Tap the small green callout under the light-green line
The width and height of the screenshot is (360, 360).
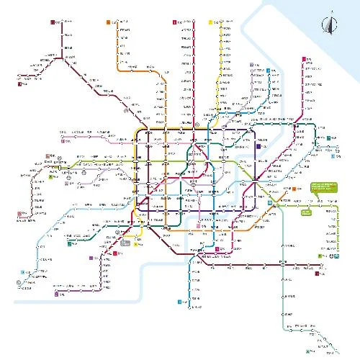(307, 212)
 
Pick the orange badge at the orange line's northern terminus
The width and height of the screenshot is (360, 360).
(108, 22)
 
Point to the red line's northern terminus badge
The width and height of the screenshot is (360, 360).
(174, 22)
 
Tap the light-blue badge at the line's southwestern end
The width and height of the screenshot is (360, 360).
(22, 272)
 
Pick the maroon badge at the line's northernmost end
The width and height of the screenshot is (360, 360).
(53, 22)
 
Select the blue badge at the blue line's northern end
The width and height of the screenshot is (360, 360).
(267, 71)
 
